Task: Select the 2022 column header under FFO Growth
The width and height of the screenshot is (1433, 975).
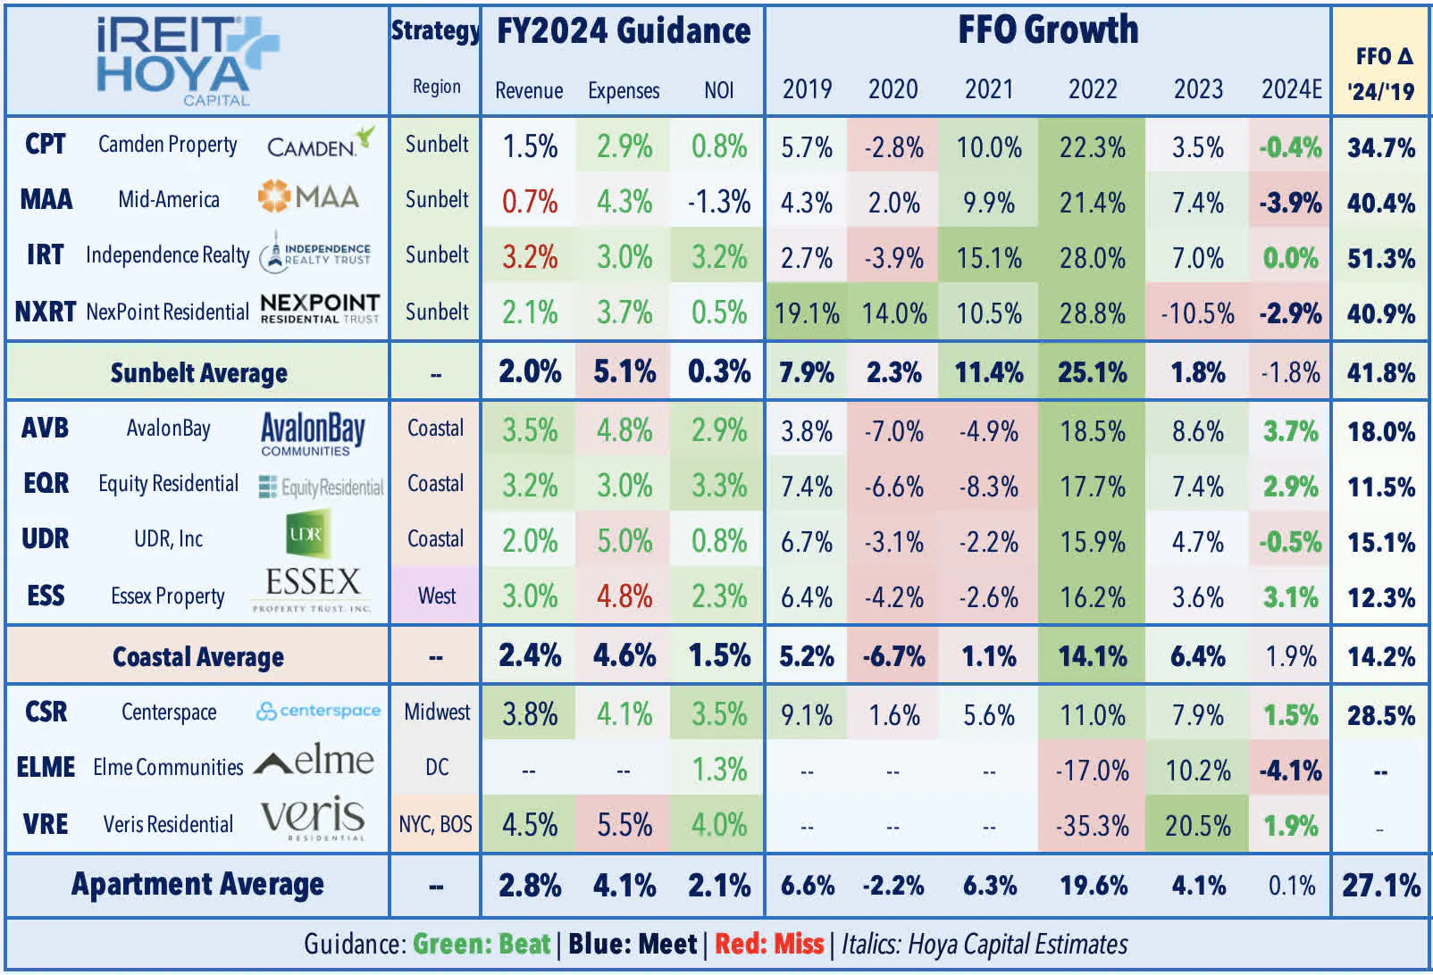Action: click(1092, 89)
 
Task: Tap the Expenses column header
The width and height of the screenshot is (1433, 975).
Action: click(623, 90)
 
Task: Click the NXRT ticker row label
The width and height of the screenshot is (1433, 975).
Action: click(45, 312)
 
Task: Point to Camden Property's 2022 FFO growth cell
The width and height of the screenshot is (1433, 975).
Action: click(1092, 146)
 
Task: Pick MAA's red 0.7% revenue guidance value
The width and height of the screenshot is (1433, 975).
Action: click(529, 202)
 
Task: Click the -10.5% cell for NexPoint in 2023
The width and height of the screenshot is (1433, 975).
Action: click(1196, 313)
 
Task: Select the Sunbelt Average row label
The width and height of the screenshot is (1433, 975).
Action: click(198, 372)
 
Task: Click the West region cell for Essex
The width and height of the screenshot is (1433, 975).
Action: click(436, 596)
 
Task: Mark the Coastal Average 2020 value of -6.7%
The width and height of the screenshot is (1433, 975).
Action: click(893, 657)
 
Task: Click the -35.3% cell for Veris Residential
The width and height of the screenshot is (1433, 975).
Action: click(1092, 826)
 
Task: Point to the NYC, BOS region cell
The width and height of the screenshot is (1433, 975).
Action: click(436, 824)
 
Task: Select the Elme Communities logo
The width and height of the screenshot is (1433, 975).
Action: click(314, 762)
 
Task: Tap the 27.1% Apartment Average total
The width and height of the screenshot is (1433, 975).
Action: click(1380, 886)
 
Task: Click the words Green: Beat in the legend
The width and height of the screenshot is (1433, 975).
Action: click(482, 944)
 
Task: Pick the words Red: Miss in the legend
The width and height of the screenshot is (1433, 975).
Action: click(769, 944)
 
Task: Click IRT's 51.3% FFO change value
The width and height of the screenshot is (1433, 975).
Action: click(1380, 259)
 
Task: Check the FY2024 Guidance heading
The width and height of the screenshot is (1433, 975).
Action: click(623, 31)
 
